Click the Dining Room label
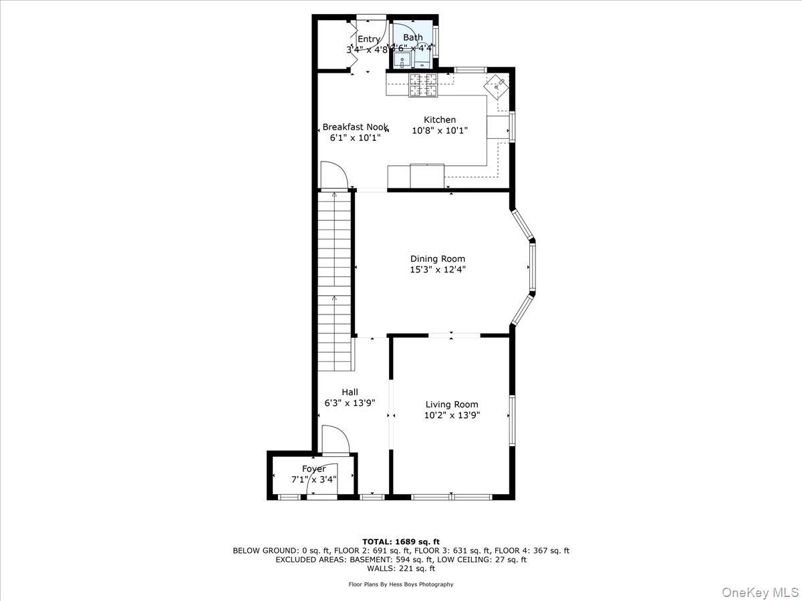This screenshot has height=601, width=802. [x=437, y=259]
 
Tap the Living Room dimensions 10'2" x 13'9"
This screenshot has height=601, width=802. [x=452, y=415]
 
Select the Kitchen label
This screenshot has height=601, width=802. [x=439, y=120]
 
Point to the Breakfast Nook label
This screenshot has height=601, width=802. [x=355, y=127]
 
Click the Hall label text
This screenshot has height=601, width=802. [x=350, y=393]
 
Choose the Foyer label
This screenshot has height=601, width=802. [x=313, y=469]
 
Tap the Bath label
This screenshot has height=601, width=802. [x=412, y=37]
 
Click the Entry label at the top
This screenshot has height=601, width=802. [x=368, y=39]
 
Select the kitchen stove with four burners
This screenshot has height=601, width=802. [x=423, y=85]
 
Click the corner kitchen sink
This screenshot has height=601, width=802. [x=497, y=85]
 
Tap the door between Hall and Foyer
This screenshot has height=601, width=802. [x=335, y=440]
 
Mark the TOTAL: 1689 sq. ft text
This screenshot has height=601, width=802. [x=401, y=541]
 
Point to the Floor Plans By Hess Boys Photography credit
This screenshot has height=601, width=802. [x=401, y=584]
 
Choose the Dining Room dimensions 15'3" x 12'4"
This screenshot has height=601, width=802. [x=437, y=270]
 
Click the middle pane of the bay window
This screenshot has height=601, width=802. [x=532, y=266]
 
